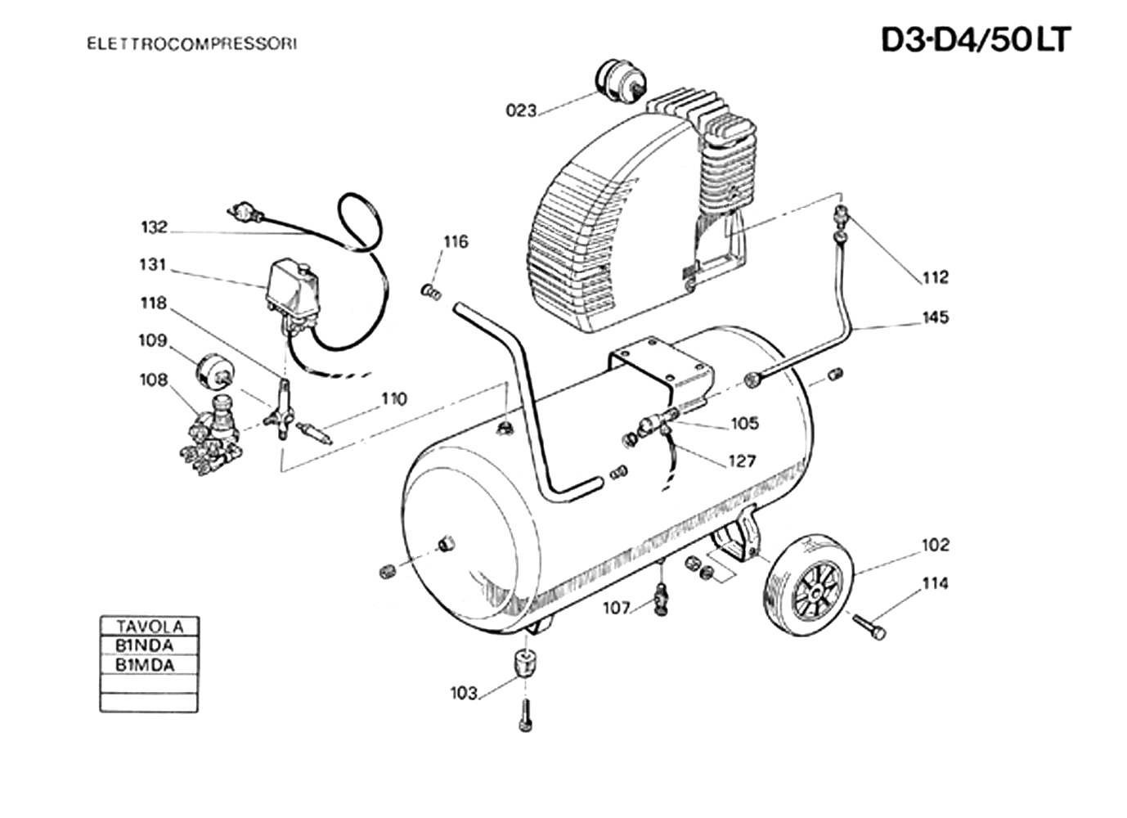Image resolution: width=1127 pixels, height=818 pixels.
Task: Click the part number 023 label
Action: [x=522, y=110]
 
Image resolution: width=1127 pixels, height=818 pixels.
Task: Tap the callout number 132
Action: [x=154, y=227]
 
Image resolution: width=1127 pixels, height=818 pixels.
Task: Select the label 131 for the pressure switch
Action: [x=153, y=264]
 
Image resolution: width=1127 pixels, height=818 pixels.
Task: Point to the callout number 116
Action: [x=456, y=242]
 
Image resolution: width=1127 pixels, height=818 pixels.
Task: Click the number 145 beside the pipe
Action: [x=936, y=317]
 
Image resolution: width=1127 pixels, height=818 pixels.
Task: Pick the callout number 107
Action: [x=617, y=609]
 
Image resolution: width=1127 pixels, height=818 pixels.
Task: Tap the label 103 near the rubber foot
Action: [x=464, y=693]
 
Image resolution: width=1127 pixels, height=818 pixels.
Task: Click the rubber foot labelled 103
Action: [x=525, y=664]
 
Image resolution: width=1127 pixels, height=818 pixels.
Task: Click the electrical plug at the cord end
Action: [x=245, y=211]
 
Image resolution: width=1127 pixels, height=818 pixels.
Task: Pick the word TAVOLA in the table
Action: [x=150, y=627]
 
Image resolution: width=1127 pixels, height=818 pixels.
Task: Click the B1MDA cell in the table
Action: [x=145, y=665]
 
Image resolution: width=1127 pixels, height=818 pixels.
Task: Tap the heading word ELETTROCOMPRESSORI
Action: [x=192, y=44]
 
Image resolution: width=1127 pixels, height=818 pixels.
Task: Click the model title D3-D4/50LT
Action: [x=976, y=40]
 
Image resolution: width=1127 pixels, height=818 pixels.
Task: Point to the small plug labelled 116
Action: [x=431, y=291]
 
